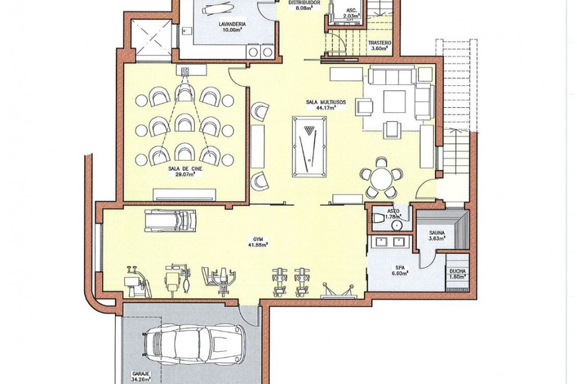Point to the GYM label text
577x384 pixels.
(263, 239)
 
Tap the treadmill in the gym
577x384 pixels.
(170, 220)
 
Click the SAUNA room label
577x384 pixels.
(437, 233)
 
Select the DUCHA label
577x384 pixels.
(458, 272)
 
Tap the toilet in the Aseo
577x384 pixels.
(377, 218)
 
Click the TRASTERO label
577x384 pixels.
(379, 43)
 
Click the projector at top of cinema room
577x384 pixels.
(185, 70)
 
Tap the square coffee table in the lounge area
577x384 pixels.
(395, 101)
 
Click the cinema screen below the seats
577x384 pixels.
(185, 194)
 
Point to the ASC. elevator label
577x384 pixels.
(350, 11)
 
